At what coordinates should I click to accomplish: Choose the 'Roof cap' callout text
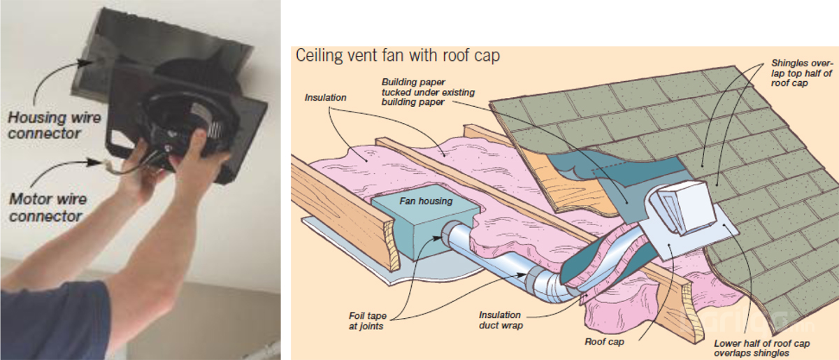click(603, 343)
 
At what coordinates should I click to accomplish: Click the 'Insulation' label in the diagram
click(325, 97)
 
